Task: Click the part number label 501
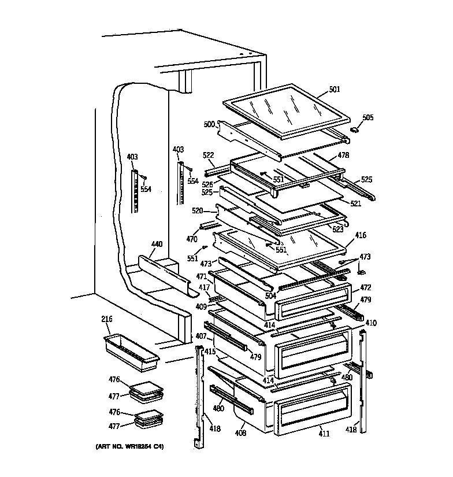point(335,90)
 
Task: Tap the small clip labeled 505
point(353,131)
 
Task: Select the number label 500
point(208,124)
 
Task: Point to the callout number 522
point(209,156)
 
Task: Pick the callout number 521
point(355,204)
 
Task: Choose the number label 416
point(360,235)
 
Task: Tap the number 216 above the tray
point(106,319)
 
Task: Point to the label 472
point(365,287)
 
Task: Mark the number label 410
point(370,323)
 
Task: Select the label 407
point(200,336)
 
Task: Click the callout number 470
point(191,238)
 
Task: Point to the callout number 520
point(198,211)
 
